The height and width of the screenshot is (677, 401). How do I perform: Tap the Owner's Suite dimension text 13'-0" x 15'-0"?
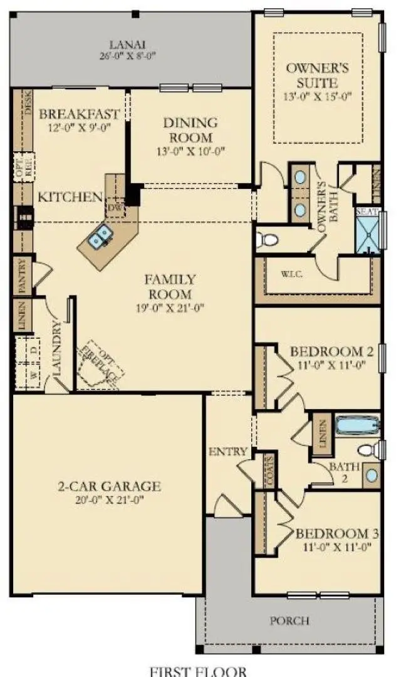coord(318,96)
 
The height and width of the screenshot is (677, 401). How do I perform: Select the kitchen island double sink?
coord(100,237)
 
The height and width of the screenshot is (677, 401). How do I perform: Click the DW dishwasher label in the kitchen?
coord(114,207)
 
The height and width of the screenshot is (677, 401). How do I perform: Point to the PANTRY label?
coord(21,276)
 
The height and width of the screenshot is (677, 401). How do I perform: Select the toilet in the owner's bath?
coord(268,240)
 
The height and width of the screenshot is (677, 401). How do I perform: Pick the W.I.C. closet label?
coord(291,274)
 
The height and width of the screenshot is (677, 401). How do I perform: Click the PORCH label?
coord(289,621)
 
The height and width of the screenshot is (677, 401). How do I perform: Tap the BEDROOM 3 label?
coord(337,534)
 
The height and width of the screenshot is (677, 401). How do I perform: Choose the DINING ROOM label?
coord(190,129)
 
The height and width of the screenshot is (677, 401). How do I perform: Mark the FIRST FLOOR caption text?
coord(201,670)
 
